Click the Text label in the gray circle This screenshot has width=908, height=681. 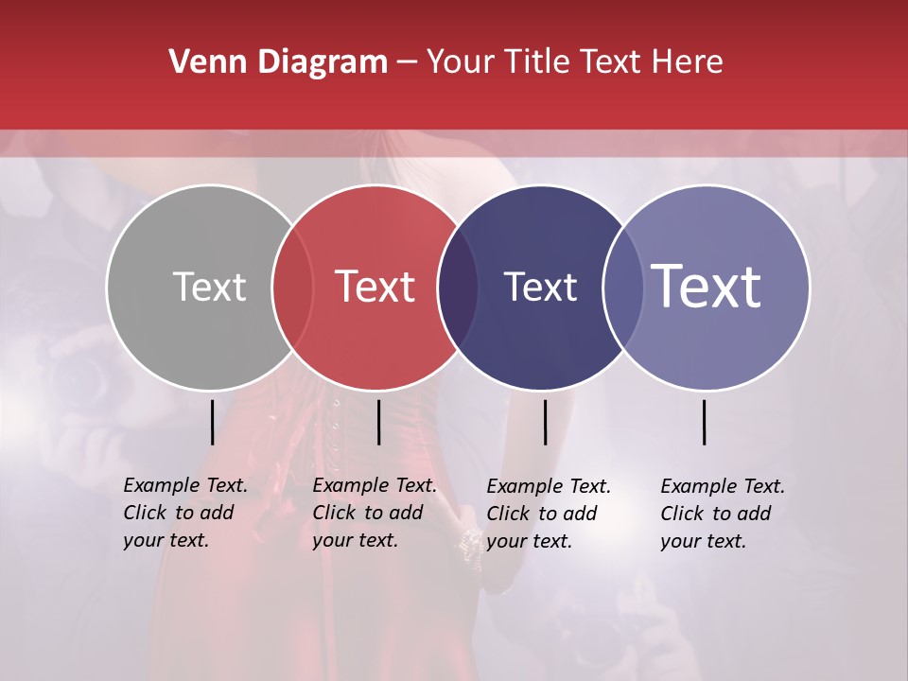coord(209,287)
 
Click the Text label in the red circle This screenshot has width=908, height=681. coord(375,287)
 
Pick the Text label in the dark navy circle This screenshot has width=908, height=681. coord(540,287)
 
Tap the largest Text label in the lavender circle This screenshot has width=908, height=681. coord(707,287)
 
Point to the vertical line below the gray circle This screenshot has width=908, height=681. coord(212,422)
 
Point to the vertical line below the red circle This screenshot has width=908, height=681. coord(378,422)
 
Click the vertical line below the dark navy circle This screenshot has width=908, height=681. coord(545,422)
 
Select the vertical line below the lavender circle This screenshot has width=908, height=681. coord(705,422)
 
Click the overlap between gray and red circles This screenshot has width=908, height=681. coord(292,287)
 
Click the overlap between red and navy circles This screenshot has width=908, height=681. coord(459,287)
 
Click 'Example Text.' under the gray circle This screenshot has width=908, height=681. coord(185,485)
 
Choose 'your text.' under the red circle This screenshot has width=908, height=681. coord(355,540)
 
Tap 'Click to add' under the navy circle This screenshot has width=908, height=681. coord(542,514)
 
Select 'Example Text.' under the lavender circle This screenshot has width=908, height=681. coord(723,486)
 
